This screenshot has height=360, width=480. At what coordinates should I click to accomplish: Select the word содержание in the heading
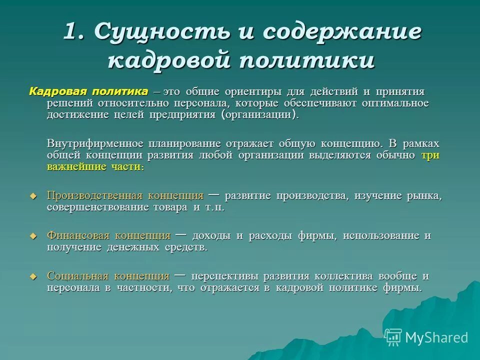click(342, 32)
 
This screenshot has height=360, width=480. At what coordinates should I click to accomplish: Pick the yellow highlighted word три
click(430, 155)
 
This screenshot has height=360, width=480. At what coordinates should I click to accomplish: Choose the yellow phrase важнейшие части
click(95, 167)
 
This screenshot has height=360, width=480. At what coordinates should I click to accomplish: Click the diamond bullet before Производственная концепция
click(34, 196)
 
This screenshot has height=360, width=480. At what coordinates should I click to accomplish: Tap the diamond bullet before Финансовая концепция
click(34, 236)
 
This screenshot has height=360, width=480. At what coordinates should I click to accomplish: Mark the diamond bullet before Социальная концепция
click(34, 276)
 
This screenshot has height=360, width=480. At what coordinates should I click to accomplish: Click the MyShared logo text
click(436, 337)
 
